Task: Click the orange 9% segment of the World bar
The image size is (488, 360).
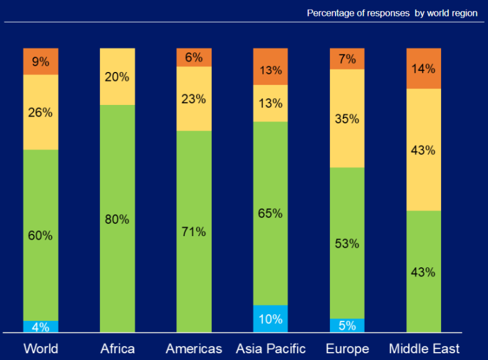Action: [40, 61]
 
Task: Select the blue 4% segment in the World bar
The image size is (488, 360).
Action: [40, 326]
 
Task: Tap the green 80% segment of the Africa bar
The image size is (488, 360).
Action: [117, 218]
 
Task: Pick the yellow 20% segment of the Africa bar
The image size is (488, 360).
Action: [117, 77]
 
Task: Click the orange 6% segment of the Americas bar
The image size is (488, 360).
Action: [193, 57]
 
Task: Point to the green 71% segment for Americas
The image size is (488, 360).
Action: [193, 231]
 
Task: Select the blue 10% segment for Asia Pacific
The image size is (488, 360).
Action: [270, 319]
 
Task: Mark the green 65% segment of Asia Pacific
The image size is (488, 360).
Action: [270, 214]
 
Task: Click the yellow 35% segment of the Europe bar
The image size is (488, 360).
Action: [347, 118]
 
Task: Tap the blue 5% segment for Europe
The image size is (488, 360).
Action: [347, 325]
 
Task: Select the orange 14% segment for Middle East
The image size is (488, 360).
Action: [423, 68]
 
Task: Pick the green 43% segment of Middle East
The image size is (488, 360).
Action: [423, 272]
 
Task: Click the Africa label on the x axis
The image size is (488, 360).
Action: [117, 349]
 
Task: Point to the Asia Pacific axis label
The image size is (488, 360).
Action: [270, 349]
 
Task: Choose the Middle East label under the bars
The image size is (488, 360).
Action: [424, 349]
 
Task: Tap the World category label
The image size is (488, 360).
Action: [40, 349]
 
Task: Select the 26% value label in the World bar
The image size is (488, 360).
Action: [40, 112]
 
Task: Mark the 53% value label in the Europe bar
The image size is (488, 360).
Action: [347, 243]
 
